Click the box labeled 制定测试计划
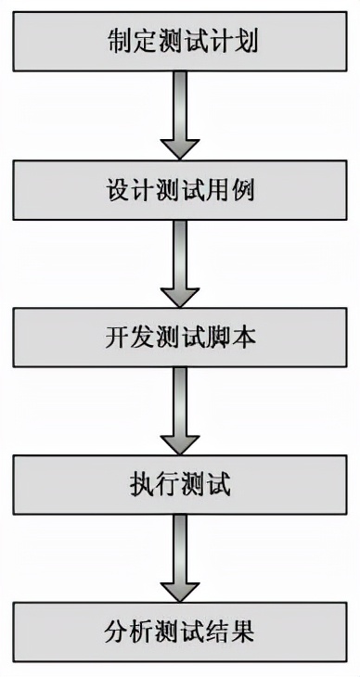pyautogui.click(x=180, y=42)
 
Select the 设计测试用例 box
pyautogui.click(x=180, y=191)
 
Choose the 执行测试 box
pyautogui.click(x=180, y=485)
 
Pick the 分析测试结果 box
pyautogui.click(x=180, y=632)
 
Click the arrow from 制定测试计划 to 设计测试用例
pyautogui.click(x=180, y=117)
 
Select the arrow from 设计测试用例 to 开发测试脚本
pyautogui.click(x=180, y=264)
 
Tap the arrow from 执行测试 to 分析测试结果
pyautogui.click(x=180, y=559)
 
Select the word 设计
pyautogui.click(x=123, y=191)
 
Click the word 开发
pyautogui.click(x=123, y=338)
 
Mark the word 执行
pyautogui.click(x=152, y=485)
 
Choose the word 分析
pyautogui.click(x=123, y=632)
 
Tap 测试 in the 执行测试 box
pyautogui.click(x=209, y=485)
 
